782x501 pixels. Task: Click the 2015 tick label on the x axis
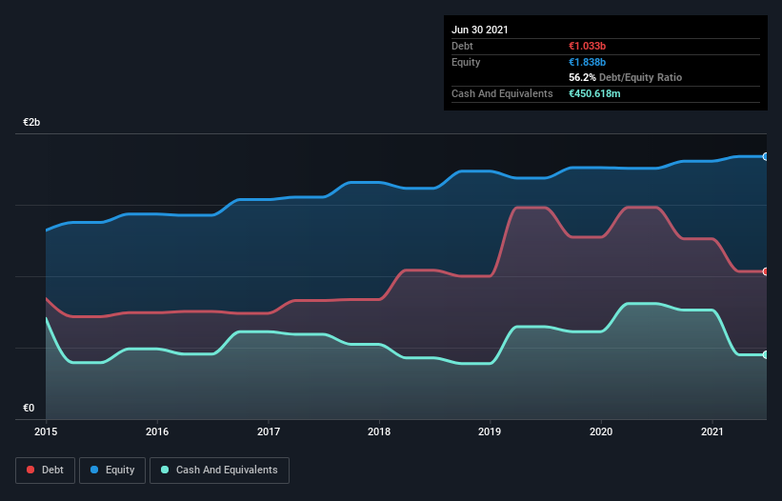tap(46, 431)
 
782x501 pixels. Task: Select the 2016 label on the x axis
tap(157, 431)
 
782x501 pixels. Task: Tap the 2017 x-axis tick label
tap(269, 431)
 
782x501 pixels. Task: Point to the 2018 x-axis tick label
tap(379, 431)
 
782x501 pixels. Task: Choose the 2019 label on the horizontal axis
tap(491, 431)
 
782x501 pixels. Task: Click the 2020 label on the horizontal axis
tap(601, 431)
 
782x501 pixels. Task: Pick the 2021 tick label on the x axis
tap(712, 431)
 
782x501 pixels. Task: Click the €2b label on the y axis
tap(32, 123)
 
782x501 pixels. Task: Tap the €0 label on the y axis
tap(29, 408)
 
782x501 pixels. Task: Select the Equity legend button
tap(113, 470)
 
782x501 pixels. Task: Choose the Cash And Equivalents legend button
tap(219, 470)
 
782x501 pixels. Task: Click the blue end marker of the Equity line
tap(765, 156)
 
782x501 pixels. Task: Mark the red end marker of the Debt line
tap(765, 271)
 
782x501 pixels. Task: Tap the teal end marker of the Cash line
tap(765, 354)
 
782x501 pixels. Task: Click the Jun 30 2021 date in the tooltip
tap(480, 30)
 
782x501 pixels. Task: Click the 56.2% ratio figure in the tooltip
tap(581, 77)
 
